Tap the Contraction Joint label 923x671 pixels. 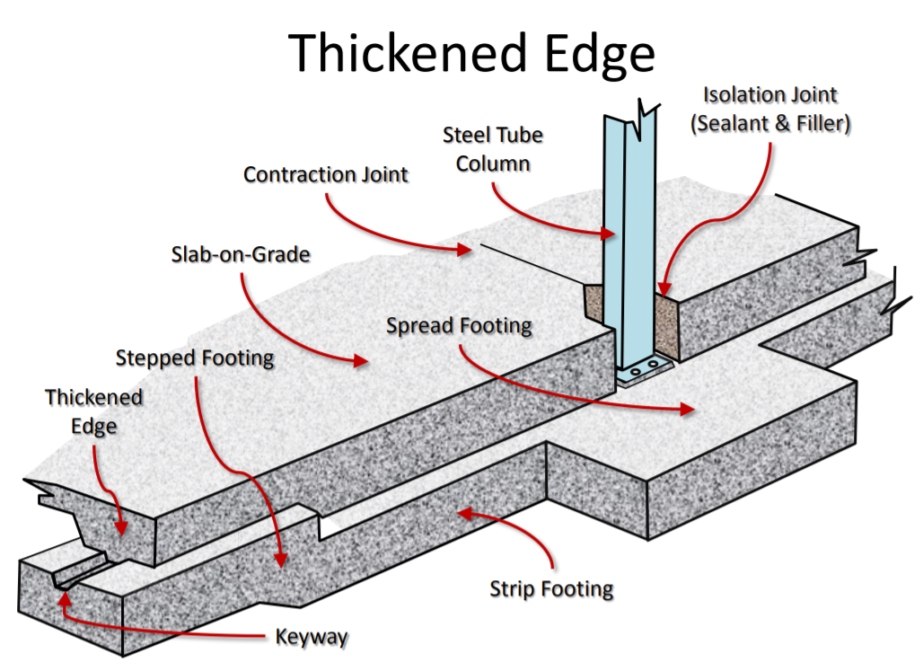pos(326,174)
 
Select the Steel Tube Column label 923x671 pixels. pos(493,149)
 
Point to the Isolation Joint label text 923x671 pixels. pos(769,94)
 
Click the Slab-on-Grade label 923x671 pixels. pos(241,254)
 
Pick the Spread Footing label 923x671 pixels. pos(459,325)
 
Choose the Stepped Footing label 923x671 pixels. pos(195,358)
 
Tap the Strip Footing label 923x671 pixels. pos(551,589)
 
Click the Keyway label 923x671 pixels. pos(311,638)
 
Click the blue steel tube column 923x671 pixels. pos(628,234)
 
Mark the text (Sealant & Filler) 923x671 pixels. pos(769,124)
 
